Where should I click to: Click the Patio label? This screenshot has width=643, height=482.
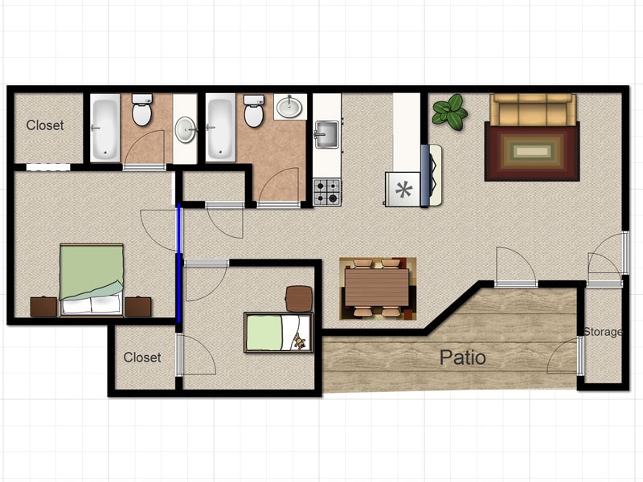462,357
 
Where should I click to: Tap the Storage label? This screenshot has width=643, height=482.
603,332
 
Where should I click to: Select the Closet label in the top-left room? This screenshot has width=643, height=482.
45,125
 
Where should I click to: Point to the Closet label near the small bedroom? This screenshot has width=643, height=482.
142,357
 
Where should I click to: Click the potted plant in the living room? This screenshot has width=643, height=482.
450,112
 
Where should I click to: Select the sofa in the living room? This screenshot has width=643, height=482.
533,108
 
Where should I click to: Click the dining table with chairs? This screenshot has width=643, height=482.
377,288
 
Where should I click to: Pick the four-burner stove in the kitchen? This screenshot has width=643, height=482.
327,191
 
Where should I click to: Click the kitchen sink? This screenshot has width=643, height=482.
326,133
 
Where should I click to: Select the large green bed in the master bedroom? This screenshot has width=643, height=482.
92,279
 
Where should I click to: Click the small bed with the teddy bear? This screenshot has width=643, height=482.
277,333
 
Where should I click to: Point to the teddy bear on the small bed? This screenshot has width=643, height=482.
300,342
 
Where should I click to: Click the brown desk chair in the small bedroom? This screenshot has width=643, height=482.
299,298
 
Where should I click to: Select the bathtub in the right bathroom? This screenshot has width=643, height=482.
220,126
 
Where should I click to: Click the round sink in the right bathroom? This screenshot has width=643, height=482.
289,106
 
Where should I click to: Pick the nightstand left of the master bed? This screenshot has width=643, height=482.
43,307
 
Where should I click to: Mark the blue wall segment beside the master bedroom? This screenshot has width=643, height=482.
178,263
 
